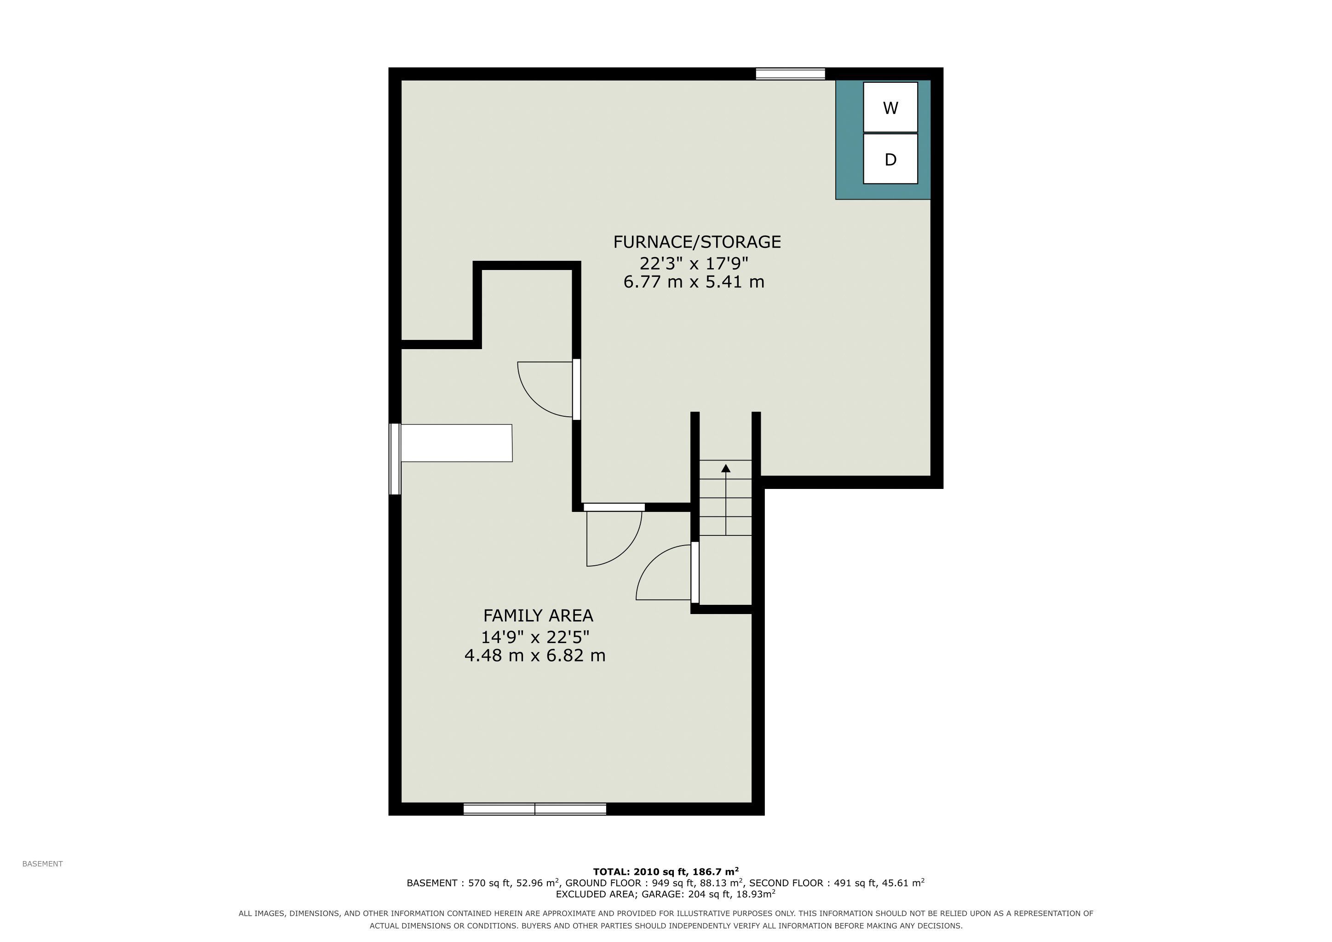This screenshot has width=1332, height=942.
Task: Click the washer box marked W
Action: [890, 107]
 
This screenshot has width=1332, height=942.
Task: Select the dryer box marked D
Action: [890, 159]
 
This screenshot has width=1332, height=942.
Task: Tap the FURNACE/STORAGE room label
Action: [697, 242]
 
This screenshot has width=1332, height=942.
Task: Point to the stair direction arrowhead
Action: [726, 467]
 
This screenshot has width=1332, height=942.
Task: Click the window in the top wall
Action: [790, 74]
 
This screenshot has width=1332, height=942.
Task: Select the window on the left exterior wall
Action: [395, 459]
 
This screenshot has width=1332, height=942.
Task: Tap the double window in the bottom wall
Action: [535, 809]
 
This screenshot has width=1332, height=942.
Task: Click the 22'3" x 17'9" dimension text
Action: [694, 264]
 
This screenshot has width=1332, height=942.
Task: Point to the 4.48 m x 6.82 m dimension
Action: [535, 656]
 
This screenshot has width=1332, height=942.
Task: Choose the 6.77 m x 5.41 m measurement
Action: [694, 282]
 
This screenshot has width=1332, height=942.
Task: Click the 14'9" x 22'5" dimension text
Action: [535, 638]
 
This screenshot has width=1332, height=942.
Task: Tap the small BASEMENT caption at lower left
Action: [42, 864]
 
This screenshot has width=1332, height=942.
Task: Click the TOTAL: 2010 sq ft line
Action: [666, 871]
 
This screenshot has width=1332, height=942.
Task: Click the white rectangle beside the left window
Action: [457, 443]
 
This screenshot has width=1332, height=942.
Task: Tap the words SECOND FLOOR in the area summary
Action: [786, 883]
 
